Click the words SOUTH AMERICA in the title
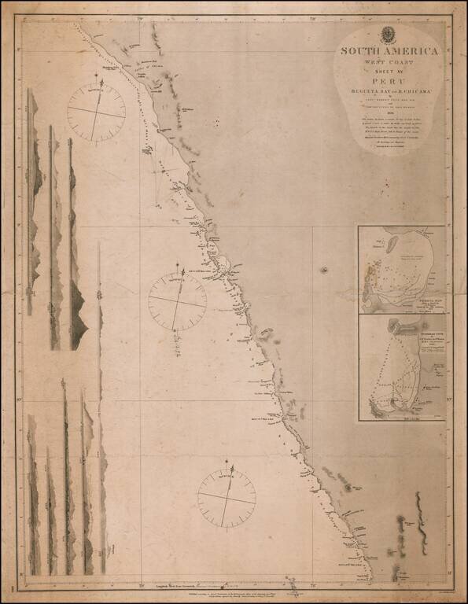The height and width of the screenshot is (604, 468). (388, 51)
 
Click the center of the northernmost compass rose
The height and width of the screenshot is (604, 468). (96, 112)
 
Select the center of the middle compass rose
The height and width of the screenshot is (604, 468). (177, 301)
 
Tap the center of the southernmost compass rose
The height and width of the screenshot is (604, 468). (227, 498)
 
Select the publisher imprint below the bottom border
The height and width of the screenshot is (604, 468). (236, 596)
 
